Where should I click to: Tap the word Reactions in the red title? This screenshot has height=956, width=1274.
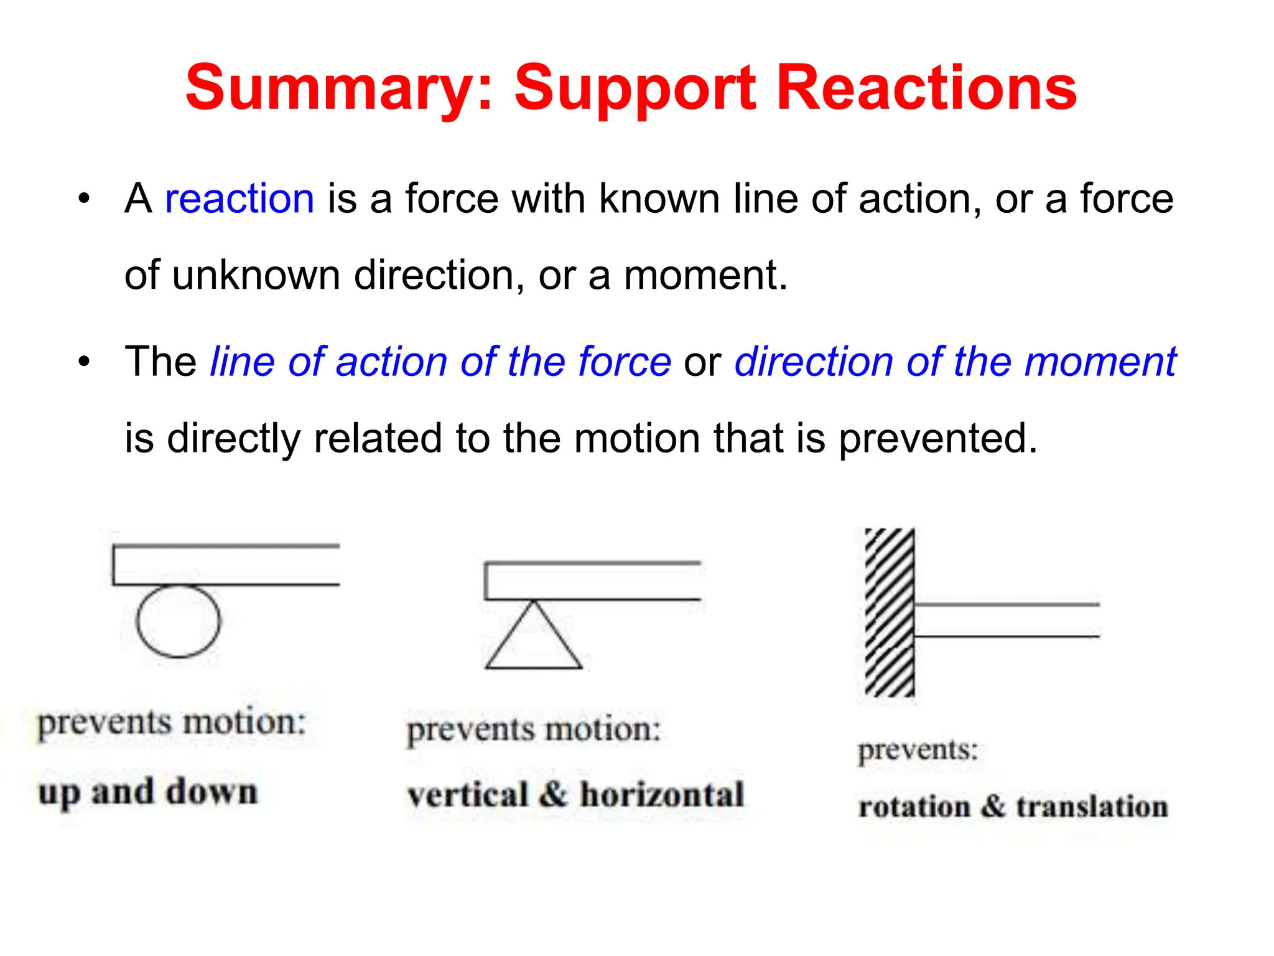click(926, 88)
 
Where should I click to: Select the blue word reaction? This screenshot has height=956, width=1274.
click(239, 199)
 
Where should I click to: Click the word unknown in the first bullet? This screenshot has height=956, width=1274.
click(256, 275)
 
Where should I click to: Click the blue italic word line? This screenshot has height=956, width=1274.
click(241, 362)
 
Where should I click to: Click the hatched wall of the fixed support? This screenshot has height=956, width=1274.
click(890, 612)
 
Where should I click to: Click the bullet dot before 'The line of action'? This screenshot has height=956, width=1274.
click(84, 362)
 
